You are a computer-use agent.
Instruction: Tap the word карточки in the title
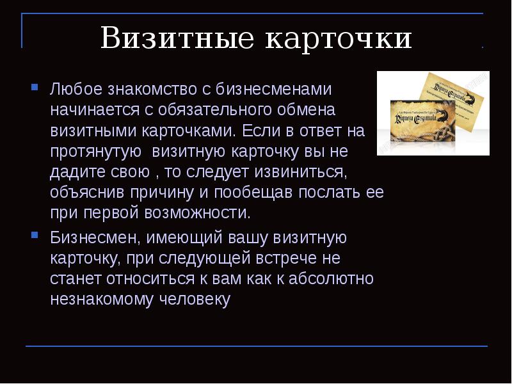[x=339, y=39]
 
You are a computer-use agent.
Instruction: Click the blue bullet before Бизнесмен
[x=35, y=235]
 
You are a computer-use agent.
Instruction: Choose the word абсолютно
[x=330, y=279]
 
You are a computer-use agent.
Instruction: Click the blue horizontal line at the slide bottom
[x=256, y=346]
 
